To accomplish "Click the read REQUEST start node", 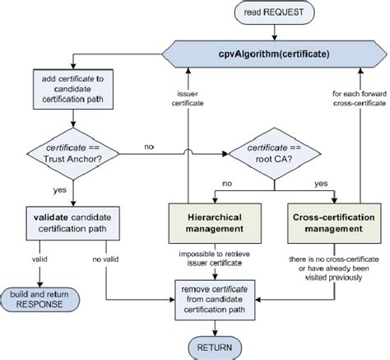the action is tap(274, 12).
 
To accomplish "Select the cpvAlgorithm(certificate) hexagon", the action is tap(274, 54).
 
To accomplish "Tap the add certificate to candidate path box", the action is tap(73, 89).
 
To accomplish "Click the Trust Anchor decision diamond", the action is tap(73, 154).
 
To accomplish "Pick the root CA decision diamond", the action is tap(274, 154).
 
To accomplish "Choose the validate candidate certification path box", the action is tap(72, 223).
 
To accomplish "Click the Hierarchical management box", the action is tap(215, 223).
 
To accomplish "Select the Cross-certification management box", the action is tap(334, 223).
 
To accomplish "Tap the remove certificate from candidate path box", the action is tap(215, 300).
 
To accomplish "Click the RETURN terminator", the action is tap(215, 348).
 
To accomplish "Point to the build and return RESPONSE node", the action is tap(39, 300).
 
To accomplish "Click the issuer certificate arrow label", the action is tap(188, 99).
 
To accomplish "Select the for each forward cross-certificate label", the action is tap(360, 99).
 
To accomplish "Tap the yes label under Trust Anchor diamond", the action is tap(60, 190).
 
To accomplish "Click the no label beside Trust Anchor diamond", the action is tap(149, 147).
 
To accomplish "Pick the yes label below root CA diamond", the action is tap(321, 184).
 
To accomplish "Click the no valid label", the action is tap(105, 259).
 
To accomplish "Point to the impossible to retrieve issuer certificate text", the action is tap(215, 259).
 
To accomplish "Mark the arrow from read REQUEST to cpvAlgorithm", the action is tap(274, 32).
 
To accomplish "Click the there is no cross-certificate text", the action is tap(334, 269).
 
